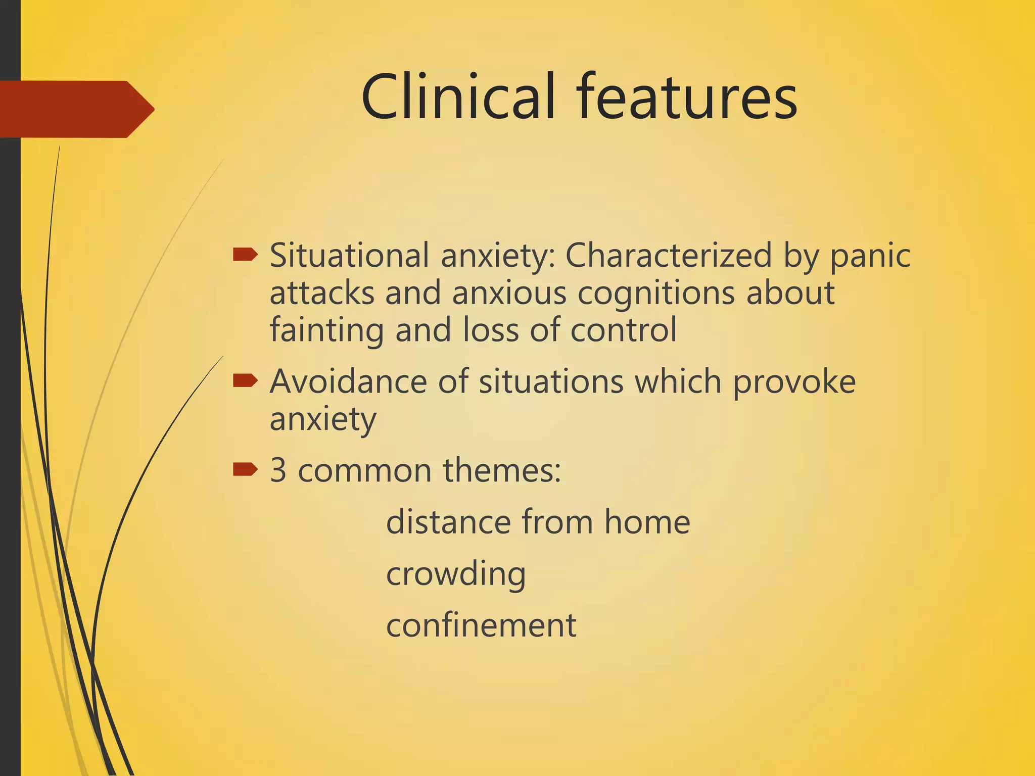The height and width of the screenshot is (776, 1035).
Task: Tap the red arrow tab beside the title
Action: pos(76,109)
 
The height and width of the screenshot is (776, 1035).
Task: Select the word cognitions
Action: pos(656,294)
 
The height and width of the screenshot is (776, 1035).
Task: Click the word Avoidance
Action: pos(348,381)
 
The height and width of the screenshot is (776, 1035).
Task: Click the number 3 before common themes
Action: pos(278,470)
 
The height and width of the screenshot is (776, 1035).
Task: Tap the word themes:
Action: pos(501,470)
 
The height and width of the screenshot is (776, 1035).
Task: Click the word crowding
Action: pos(456,575)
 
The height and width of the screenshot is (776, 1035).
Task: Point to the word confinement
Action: pos(481,625)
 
